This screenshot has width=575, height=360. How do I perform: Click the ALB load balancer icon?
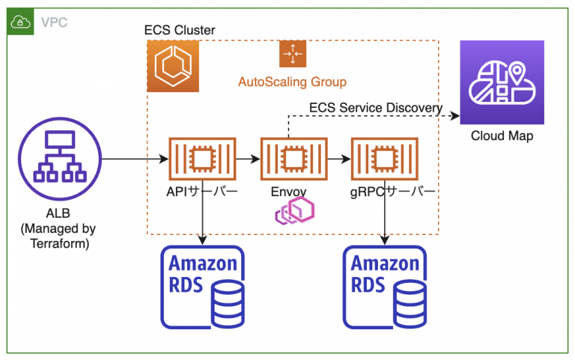pos(58,159)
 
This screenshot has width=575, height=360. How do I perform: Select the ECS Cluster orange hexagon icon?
pos(173,66)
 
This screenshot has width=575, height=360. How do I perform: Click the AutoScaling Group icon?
pos(292,55)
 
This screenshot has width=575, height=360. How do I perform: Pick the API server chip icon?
pos(202,159)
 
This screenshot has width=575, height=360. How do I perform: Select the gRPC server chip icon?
pos(385,159)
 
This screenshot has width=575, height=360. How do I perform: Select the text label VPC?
pos(54,22)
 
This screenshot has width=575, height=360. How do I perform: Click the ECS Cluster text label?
pos(180,30)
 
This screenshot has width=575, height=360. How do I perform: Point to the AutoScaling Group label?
pos(292,81)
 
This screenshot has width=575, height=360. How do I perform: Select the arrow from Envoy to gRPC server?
pos(339,159)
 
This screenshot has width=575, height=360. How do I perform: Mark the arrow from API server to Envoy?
pos(248,159)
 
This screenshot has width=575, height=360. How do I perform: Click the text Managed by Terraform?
pos(58,235)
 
